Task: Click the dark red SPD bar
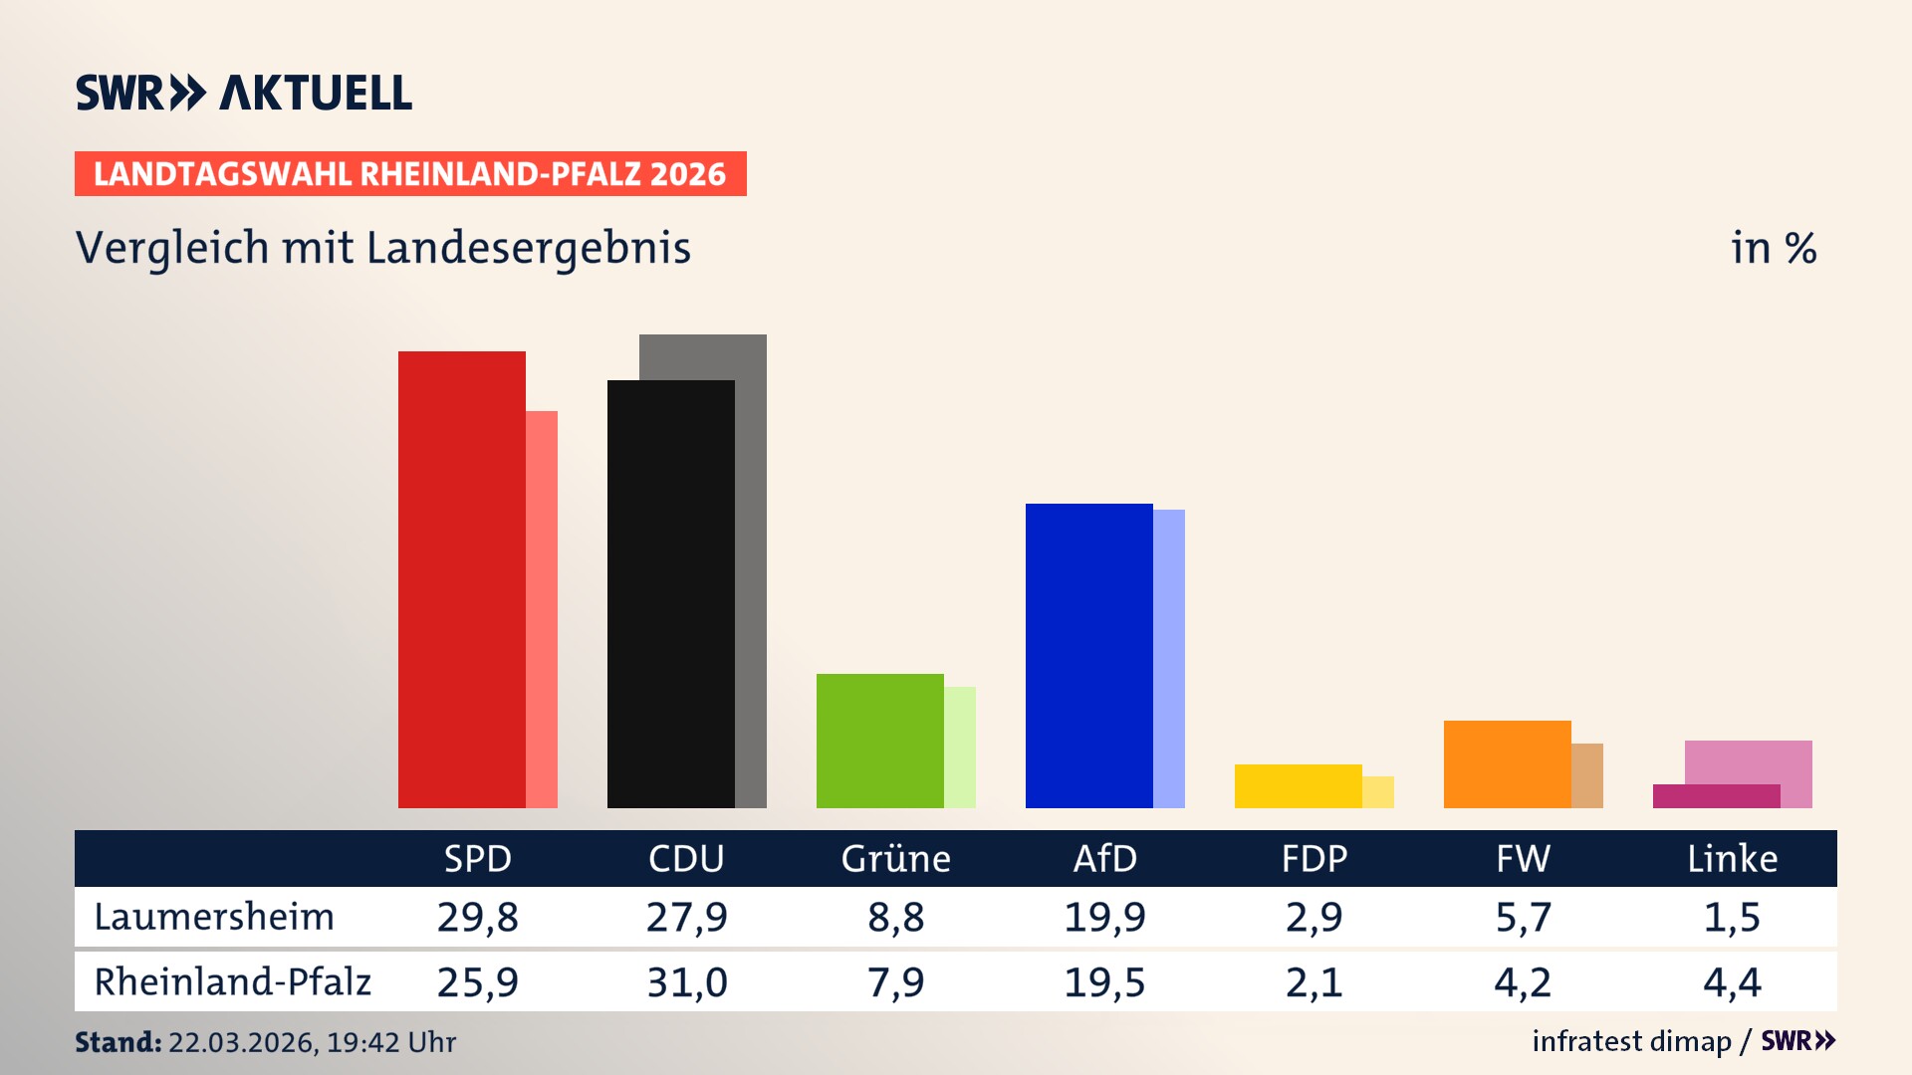coord(461,579)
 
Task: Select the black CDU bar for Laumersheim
coord(670,594)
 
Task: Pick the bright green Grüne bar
coord(879,741)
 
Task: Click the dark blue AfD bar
coord(1088,656)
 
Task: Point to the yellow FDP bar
coord(1298,786)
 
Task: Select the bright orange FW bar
coord(1507,764)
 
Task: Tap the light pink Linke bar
coord(1749,761)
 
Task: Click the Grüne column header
coord(895,858)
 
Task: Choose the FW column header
coord(1523,858)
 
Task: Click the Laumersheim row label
coord(214,917)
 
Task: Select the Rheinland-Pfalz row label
coord(232,982)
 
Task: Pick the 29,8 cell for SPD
coord(477,917)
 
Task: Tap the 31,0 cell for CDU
coord(686,982)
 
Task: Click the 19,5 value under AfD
coord(1104,982)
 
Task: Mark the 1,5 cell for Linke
coord(1732,917)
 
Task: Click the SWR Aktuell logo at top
coord(244,93)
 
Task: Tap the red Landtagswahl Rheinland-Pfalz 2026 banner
coord(410,174)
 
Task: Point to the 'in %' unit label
coord(1773,248)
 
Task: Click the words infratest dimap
coord(1630,1041)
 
